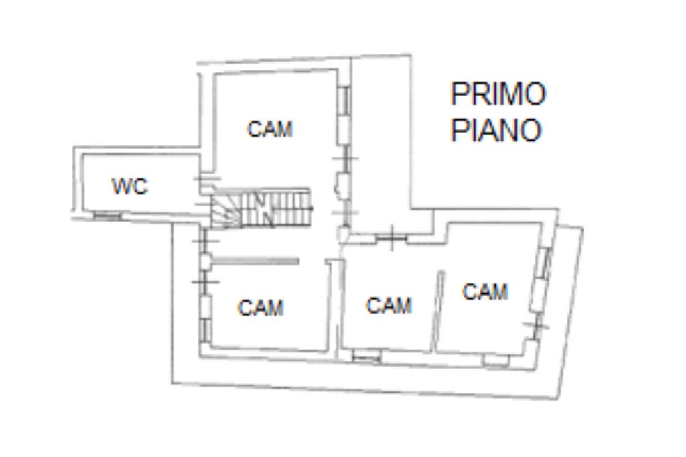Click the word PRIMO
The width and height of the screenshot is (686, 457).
pos(498,94)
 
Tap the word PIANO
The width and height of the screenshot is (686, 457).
pos(496,130)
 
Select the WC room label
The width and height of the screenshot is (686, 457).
pos(129,186)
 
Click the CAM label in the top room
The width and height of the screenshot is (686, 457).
pos(270,129)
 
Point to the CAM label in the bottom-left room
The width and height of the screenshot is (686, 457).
pos(261,308)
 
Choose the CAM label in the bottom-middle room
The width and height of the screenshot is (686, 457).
pos(389,306)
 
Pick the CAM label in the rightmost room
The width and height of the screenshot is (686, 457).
pos(485,291)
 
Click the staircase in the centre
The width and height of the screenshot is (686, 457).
pos(275,208)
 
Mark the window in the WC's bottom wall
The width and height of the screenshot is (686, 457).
pos(106,215)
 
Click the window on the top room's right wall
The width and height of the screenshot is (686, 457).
pos(344,101)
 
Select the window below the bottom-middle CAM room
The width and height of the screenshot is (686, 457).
pos(366,358)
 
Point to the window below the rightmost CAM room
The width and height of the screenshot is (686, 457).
pos(496,361)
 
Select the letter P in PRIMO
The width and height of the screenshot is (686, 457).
pos(458,94)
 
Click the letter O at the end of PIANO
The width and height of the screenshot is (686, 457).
pos(529,130)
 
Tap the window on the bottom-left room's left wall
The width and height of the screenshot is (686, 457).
pos(205,328)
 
